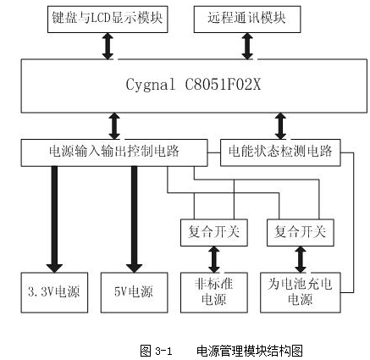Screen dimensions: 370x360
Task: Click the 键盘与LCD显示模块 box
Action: coord(108,19)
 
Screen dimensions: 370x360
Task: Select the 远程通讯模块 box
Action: coord(247,19)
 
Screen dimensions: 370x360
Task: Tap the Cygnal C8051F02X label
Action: coord(194,84)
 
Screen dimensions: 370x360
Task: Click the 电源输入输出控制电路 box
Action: coord(114,152)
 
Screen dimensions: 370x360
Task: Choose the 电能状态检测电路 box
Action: coord(280,152)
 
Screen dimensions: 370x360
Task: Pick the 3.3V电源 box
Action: coord(54,292)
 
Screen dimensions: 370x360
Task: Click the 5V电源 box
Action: coord(135,292)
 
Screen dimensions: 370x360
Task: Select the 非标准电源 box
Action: coord(214,292)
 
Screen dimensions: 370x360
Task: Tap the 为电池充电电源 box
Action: coord(301,292)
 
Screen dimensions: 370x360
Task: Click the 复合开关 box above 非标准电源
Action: coord(214,232)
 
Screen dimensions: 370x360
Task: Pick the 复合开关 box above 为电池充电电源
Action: coord(301,232)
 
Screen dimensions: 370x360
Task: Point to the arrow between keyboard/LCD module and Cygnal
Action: coord(108,47)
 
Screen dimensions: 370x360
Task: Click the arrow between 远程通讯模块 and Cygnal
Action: coord(247,47)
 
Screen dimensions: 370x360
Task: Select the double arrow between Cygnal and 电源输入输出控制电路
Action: coord(114,126)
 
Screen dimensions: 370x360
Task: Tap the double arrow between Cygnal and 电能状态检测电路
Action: coord(280,126)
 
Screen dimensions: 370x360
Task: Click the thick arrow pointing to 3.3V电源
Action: coord(54,219)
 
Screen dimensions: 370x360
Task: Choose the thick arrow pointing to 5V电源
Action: coord(135,219)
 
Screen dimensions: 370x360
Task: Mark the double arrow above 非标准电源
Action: coord(214,259)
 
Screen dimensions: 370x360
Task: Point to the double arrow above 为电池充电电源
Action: coord(301,259)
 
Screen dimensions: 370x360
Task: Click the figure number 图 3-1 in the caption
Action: coord(156,351)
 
